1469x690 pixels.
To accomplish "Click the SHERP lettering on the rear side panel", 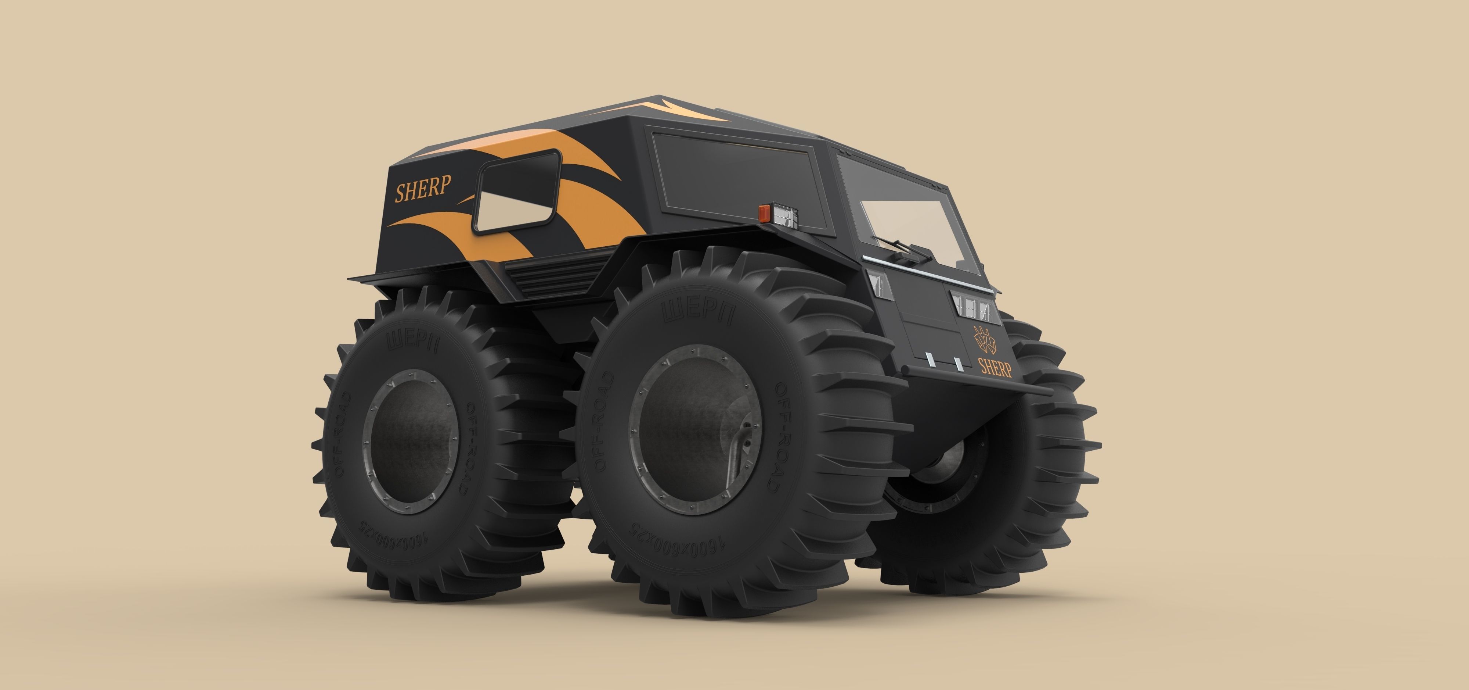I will tap(423, 188).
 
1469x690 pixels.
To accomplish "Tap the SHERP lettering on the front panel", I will tap(995, 367).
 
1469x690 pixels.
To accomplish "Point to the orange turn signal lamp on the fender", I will tap(764, 213).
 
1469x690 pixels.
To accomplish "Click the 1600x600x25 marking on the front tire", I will tap(676, 539).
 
